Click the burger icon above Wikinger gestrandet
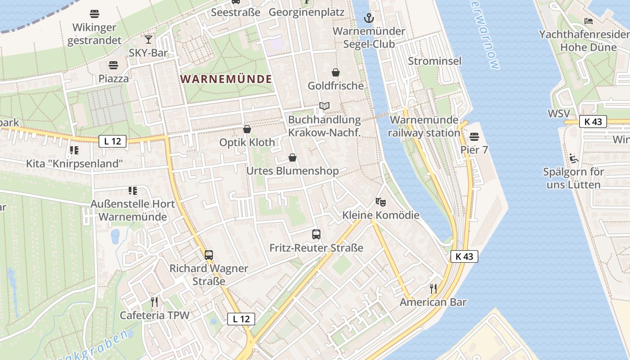pyautogui.click(x=94, y=13)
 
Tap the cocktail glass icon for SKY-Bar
pyautogui.click(x=148, y=39)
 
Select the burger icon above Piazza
pyautogui.click(x=113, y=65)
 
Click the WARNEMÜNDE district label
pyautogui.click(x=226, y=79)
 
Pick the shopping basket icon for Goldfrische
pyautogui.click(x=336, y=72)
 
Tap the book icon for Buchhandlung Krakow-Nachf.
pyautogui.click(x=324, y=106)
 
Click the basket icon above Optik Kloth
pyautogui.click(x=247, y=129)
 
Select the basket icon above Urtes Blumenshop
pyautogui.click(x=292, y=157)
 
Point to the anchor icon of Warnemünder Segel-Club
pyautogui.click(x=369, y=18)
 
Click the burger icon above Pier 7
pyautogui.click(x=474, y=136)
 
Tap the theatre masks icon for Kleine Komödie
pyautogui.click(x=381, y=202)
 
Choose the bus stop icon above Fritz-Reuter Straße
pyautogui.click(x=316, y=234)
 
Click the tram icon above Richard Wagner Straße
pyautogui.click(x=209, y=255)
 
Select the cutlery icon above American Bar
pyautogui.click(x=433, y=288)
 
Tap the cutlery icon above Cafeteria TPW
pyautogui.click(x=154, y=301)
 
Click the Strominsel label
pyautogui.click(x=435, y=61)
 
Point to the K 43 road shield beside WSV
pyautogui.click(x=593, y=121)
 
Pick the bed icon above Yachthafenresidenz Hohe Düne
pyautogui.click(x=589, y=21)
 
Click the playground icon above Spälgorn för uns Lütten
pyautogui.click(x=574, y=158)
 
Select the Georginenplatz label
pyautogui.click(x=306, y=12)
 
